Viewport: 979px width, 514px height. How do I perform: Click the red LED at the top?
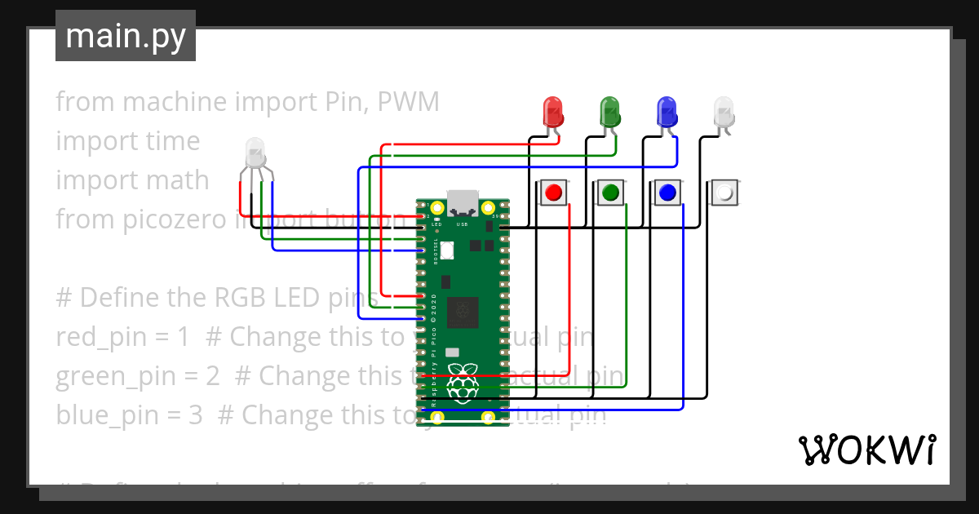[553, 112]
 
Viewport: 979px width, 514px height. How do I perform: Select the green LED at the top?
[609, 112]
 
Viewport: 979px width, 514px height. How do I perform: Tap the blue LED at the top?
[667, 112]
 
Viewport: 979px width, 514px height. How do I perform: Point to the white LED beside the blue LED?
[724, 112]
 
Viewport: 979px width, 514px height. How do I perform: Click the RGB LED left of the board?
[255, 153]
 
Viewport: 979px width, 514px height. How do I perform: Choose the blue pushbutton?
[667, 193]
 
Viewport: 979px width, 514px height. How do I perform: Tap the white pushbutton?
[724, 193]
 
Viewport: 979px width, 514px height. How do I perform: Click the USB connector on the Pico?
[463, 201]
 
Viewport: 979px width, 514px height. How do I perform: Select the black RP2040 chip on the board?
[463, 310]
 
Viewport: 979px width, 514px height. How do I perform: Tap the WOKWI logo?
[866, 450]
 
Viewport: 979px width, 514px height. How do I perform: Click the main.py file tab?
[126, 36]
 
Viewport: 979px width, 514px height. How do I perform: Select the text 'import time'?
[127, 141]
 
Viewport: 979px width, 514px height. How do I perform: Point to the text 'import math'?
[132, 180]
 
